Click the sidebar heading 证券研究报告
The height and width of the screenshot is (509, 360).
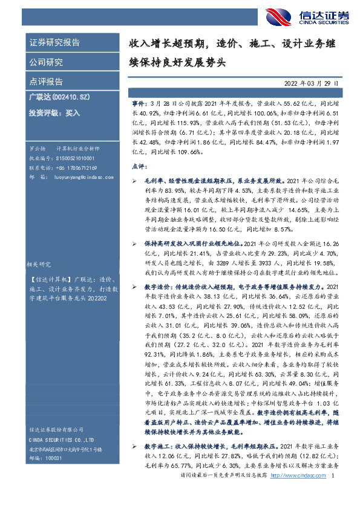click(x=54, y=43)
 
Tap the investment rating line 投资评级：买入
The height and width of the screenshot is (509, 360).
click(x=54, y=112)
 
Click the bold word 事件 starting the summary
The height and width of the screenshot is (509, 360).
click(x=139, y=104)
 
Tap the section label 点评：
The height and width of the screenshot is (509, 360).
click(x=139, y=165)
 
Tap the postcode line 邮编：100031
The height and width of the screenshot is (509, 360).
click(x=47, y=476)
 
